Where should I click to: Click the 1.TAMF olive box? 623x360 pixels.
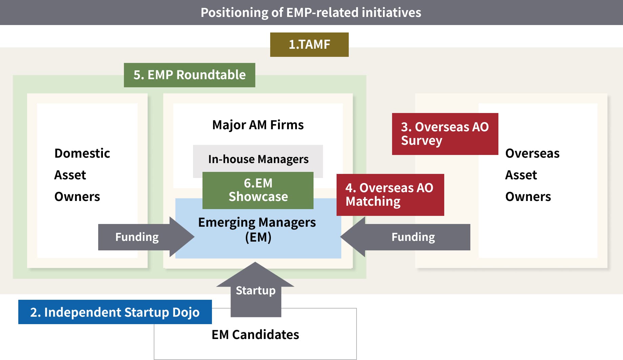(x=309, y=44)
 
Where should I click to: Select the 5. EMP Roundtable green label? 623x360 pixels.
(x=189, y=75)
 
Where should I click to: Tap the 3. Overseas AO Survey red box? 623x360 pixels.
(x=445, y=134)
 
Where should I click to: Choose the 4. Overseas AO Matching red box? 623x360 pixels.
(x=390, y=195)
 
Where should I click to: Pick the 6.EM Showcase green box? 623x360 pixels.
(x=258, y=190)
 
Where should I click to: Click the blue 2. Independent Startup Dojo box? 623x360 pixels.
(x=115, y=312)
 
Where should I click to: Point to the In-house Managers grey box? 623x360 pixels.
(x=258, y=159)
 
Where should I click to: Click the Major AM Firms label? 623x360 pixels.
(x=258, y=125)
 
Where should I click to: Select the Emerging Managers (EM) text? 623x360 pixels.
(x=257, y=229)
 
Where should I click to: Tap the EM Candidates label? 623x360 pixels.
(x=255, y=335)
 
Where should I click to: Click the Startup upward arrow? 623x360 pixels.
(x=256, y=290)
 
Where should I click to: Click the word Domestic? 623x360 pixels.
(x=82, y=153)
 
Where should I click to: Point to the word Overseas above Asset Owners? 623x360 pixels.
(x=532, y=153)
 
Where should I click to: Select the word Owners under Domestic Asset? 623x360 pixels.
(x=77, y=197)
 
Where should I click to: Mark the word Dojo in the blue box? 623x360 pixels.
(x=186, y=312)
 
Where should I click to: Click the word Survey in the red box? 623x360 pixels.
(x=422, y=141)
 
